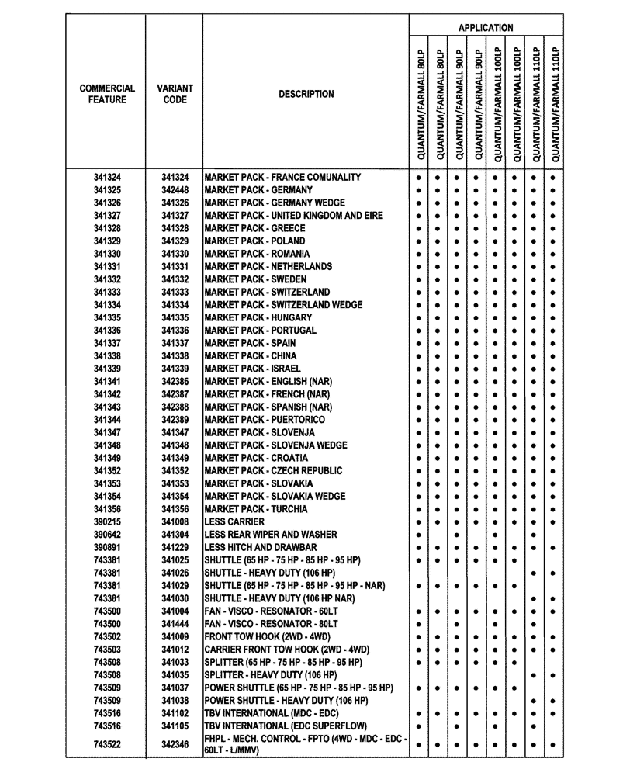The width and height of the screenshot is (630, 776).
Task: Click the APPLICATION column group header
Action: point(485,27)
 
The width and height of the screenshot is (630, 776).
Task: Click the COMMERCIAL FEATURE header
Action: point(107,94)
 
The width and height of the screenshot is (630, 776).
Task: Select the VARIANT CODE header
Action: point(175,94)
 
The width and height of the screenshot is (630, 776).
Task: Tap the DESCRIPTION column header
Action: point(306,94)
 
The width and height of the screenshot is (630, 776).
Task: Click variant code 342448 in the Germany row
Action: point(175,190)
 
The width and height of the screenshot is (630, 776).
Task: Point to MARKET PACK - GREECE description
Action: point(254,228)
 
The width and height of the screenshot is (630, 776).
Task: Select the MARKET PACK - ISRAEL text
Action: point(252,369)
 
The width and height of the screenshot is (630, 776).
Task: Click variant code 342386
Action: point(175,382)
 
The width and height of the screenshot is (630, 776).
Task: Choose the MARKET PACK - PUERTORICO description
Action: point(265,420)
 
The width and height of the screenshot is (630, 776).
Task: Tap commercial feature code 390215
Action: point(107,522)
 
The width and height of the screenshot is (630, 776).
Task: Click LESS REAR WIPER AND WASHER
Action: point(271,535)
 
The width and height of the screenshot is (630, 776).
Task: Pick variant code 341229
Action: point(175,548)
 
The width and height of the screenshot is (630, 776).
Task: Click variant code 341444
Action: point(175,624)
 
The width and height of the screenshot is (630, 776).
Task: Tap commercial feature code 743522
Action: point(107,745)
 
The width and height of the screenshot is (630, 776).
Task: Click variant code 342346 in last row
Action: point(175,745)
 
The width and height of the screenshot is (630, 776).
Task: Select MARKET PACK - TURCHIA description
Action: point(256,509)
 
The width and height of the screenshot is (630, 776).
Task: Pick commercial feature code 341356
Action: point(107,509)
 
